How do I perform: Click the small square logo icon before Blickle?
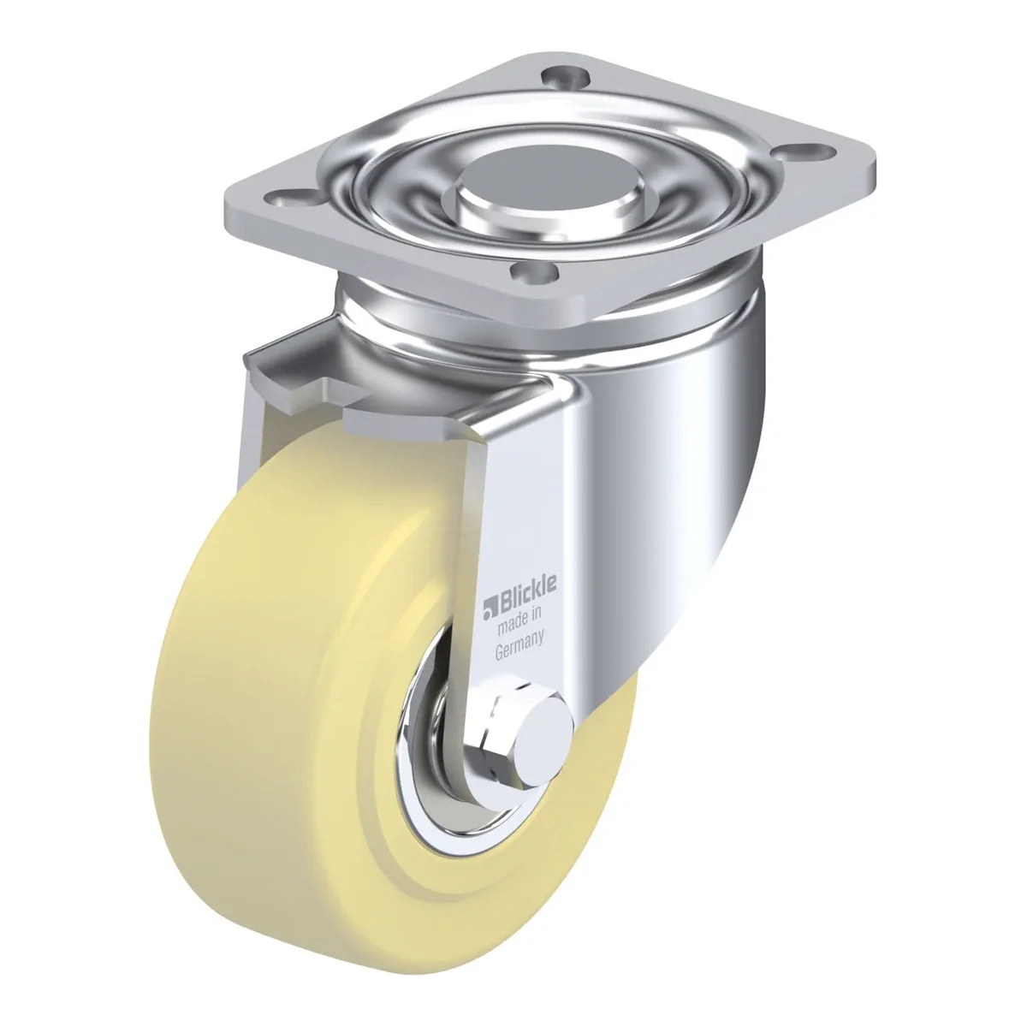[489, 611]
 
